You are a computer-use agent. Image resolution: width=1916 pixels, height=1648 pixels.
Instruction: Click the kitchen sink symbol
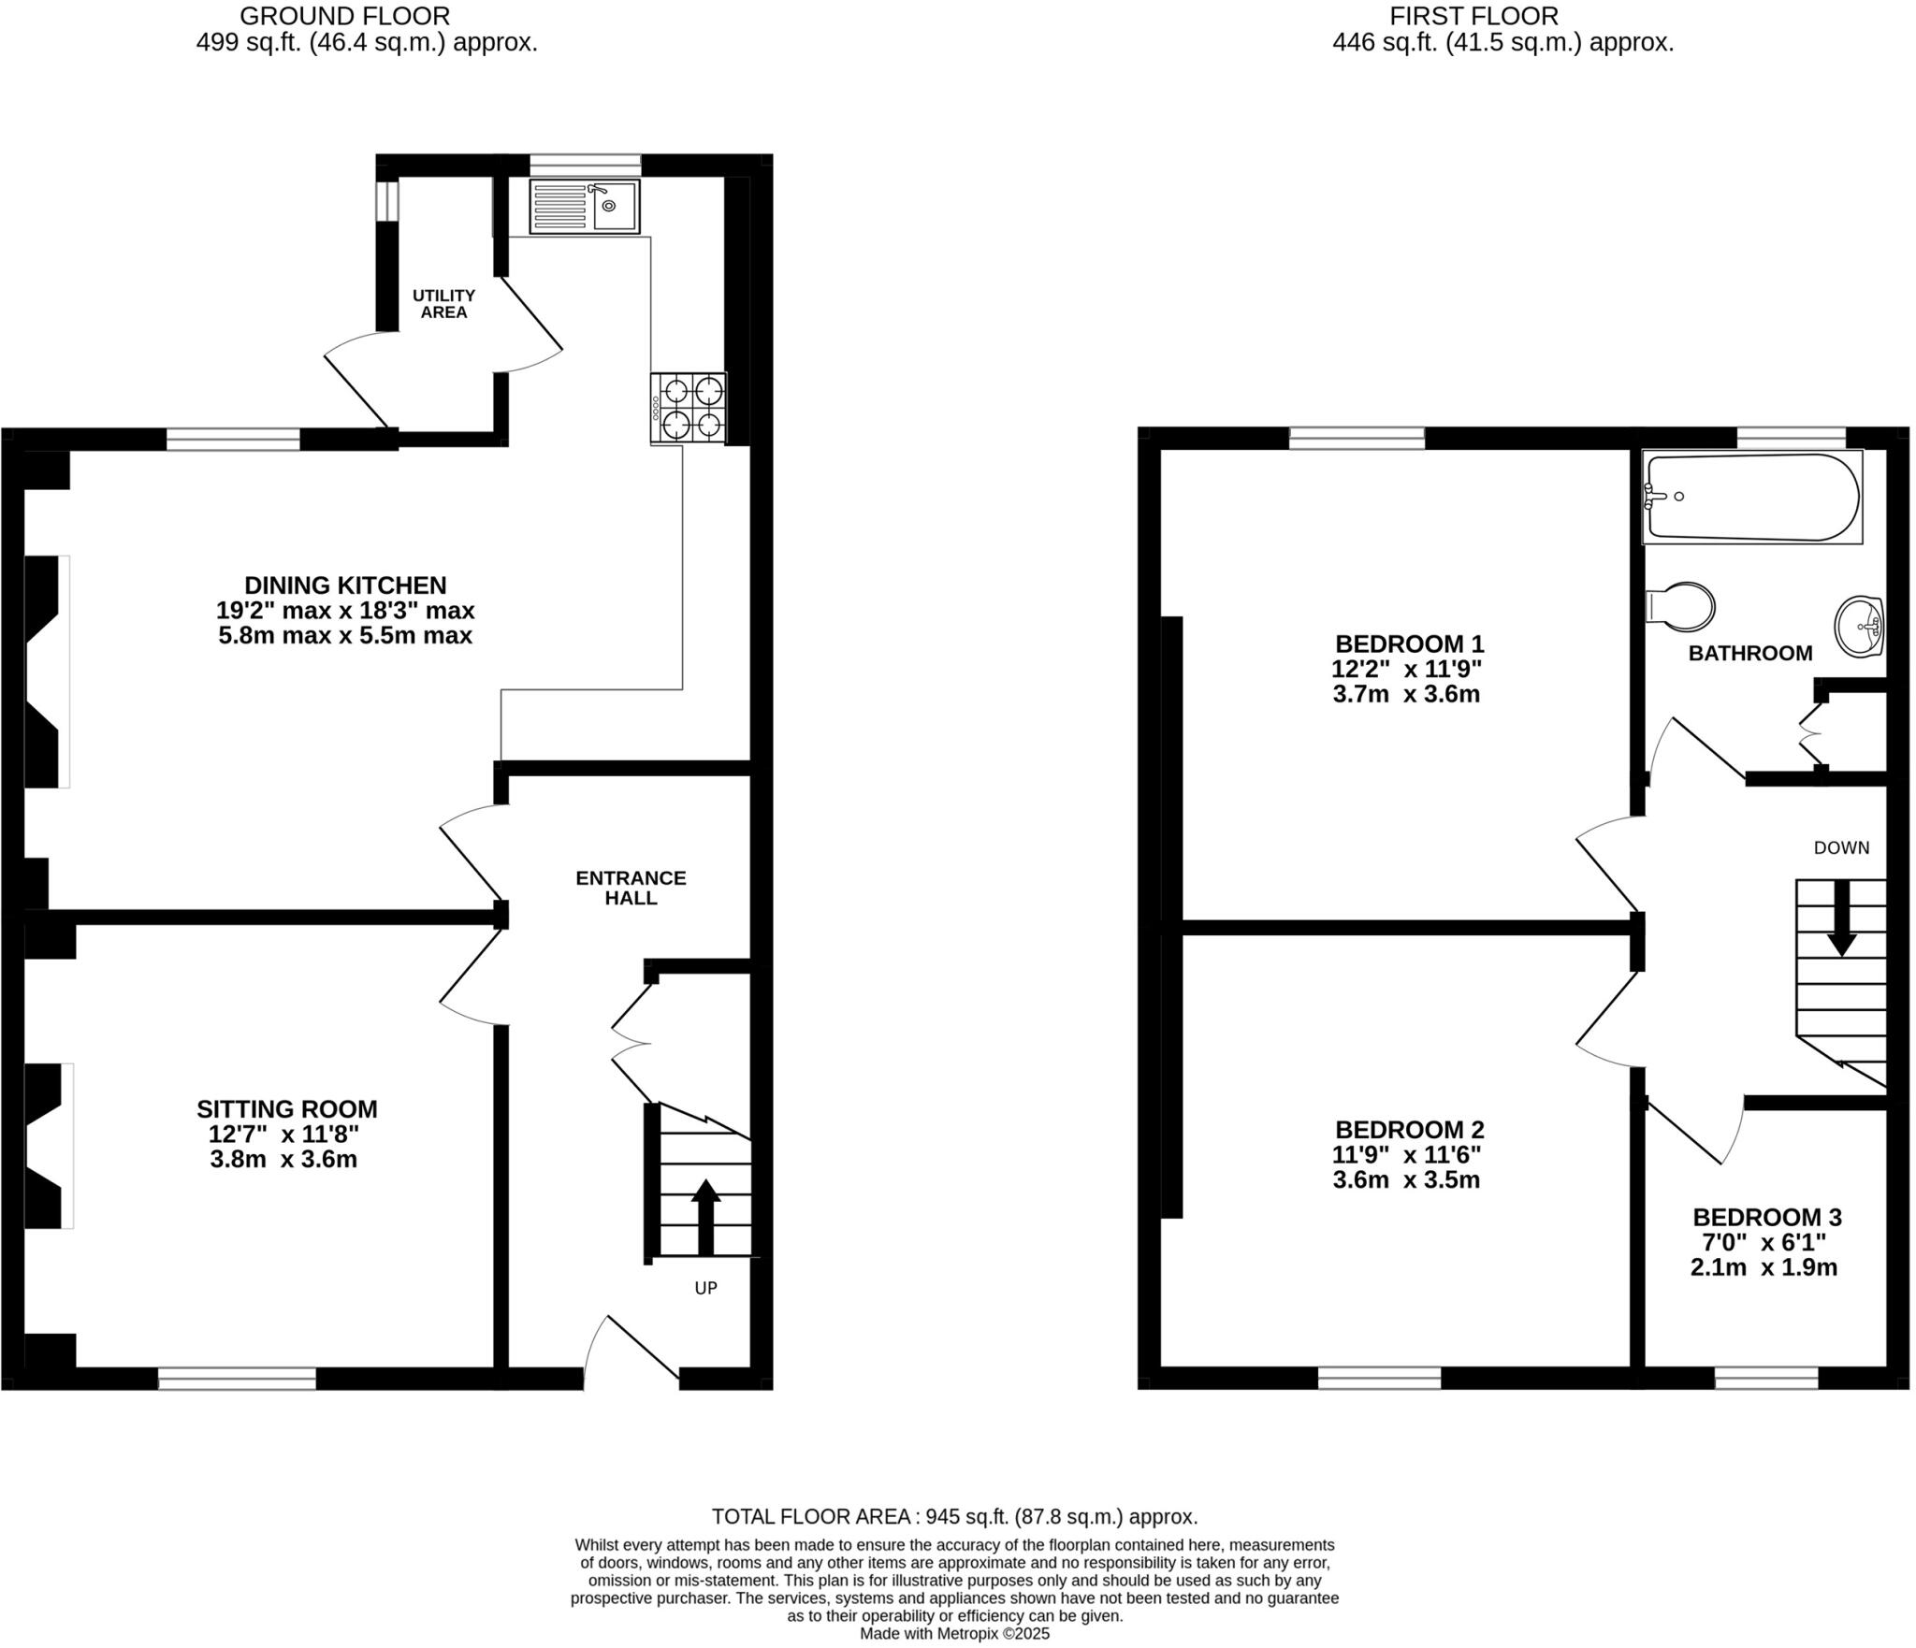[585, 207]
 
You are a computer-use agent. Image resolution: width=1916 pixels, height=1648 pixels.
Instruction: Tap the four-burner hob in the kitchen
[689, 408]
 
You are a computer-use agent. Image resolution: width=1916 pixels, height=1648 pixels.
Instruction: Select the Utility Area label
[443, 304]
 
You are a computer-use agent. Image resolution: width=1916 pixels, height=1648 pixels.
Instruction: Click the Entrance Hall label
[631, 888]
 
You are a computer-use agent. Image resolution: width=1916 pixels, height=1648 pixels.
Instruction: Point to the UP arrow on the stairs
[705, 1216]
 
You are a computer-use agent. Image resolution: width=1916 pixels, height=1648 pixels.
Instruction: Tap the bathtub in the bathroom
[1752, 497]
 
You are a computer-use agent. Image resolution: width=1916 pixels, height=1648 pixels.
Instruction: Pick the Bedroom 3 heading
[1767, 1218]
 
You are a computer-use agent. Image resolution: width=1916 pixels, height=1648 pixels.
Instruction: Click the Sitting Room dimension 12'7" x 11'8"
[284, 1135]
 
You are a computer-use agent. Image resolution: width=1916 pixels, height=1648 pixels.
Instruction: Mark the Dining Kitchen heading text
[345, 585]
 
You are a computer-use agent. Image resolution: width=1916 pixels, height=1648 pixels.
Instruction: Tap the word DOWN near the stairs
[1841, 847]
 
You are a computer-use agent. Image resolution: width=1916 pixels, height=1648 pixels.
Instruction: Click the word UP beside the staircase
[705, 1288]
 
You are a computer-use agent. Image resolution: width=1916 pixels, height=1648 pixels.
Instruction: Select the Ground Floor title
[345, 16]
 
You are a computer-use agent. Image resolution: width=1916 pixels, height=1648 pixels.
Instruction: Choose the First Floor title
[1473, 16]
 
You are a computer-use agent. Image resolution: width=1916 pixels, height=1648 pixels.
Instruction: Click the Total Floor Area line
[954, 1516]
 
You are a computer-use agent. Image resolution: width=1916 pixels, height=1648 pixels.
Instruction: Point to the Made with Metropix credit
[954, 1634]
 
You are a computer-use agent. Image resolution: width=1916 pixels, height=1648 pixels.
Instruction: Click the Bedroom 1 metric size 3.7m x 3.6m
[1406, 694]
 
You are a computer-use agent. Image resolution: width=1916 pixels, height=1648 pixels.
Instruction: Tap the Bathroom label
[1750, 654]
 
